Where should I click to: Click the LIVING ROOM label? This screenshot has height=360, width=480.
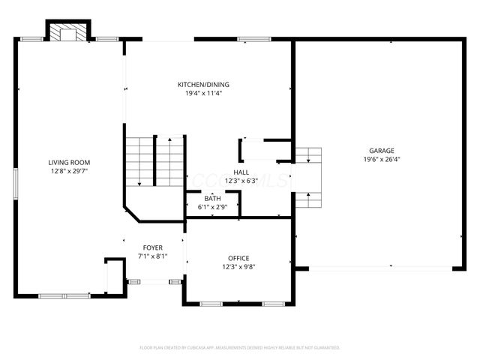click(69, 162)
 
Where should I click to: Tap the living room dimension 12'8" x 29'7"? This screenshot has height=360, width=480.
click(69, 171)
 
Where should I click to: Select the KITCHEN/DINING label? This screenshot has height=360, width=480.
click(203, 85)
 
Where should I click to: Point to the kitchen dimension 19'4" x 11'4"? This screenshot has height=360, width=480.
click(203, 94)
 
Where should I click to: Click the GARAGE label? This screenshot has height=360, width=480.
click(380, 150)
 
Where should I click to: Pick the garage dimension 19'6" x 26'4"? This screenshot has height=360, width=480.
click(380, 159)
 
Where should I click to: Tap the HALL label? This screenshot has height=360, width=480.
click(241, 172)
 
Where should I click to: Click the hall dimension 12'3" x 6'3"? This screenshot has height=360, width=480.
click(241, 181)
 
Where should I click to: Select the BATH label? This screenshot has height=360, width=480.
click(212, 198)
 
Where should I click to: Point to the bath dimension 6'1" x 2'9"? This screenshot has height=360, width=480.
click(212, 206)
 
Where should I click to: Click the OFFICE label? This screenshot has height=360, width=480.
click(238, 258)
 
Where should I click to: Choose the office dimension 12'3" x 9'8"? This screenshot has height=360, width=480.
click(238, 267)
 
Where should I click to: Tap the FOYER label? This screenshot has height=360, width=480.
click(153, 247)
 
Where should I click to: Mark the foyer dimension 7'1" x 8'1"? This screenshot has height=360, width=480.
click(153, 256)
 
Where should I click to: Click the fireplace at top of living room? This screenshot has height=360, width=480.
click(69, 31)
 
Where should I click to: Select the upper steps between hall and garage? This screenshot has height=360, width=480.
click(307, 155)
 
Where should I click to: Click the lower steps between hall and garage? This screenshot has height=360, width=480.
click(307, 200)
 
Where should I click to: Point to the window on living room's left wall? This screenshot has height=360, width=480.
click(15, 184)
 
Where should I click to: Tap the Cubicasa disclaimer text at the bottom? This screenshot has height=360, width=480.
click(240, 348)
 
